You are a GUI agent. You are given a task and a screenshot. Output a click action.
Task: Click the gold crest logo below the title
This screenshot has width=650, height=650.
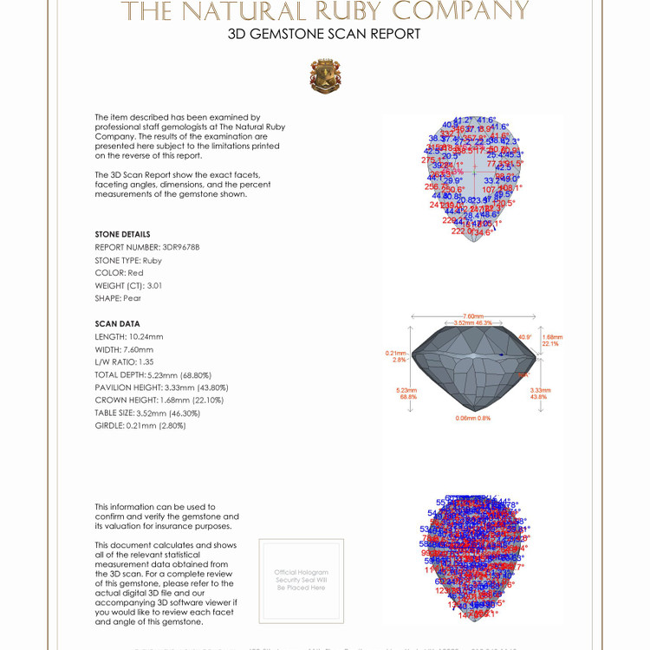324,76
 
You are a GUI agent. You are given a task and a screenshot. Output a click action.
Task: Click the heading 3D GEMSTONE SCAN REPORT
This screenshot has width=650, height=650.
324,35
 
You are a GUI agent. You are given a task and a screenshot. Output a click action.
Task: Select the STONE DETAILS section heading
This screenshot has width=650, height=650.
122,234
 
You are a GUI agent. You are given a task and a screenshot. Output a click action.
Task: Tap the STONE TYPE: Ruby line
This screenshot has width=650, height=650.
128,260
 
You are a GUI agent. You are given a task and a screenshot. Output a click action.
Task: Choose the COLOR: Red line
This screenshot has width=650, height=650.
119,273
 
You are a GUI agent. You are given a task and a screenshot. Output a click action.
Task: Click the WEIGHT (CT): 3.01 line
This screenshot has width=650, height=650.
128,285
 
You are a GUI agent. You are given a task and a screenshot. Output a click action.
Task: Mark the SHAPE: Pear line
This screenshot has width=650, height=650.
118,298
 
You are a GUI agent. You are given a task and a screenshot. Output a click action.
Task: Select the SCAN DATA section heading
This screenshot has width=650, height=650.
117,324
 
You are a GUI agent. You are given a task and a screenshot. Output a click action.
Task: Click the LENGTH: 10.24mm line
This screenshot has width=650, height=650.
129,337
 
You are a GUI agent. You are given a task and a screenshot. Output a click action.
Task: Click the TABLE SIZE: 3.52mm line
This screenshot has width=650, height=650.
146,413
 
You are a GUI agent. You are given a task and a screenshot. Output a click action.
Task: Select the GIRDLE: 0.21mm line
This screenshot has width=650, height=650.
140,426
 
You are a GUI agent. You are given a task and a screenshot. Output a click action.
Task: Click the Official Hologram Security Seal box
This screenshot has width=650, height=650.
301,581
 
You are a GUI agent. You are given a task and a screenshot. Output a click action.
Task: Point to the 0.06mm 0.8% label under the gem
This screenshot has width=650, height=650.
472,419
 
